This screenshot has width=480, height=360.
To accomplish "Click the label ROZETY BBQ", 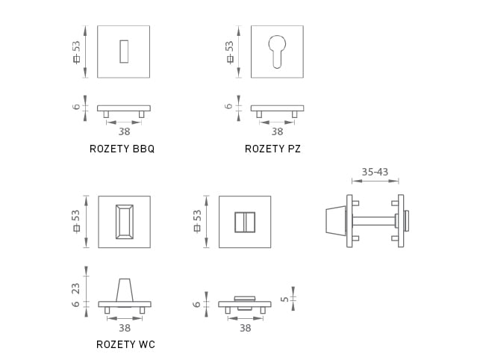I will (122, 149).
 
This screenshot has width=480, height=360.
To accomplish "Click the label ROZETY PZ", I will (272, 149).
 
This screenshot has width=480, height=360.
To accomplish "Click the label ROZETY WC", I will (125, 344).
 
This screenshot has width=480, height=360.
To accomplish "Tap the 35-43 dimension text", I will (375, 172).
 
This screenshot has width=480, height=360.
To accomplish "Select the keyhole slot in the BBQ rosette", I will (123, 52).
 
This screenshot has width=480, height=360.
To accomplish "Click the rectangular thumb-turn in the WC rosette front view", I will (124, 222).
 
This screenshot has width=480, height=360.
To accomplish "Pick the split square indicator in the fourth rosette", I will (245, 222).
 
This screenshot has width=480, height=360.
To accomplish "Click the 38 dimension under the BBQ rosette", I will (124, 131).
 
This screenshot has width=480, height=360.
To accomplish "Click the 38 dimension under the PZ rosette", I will (277, 131).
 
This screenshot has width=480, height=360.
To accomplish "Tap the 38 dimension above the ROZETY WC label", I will (124, 327).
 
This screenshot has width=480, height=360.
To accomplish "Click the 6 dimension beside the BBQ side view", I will (76, 108).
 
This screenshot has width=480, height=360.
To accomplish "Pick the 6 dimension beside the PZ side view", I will (229, 107).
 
